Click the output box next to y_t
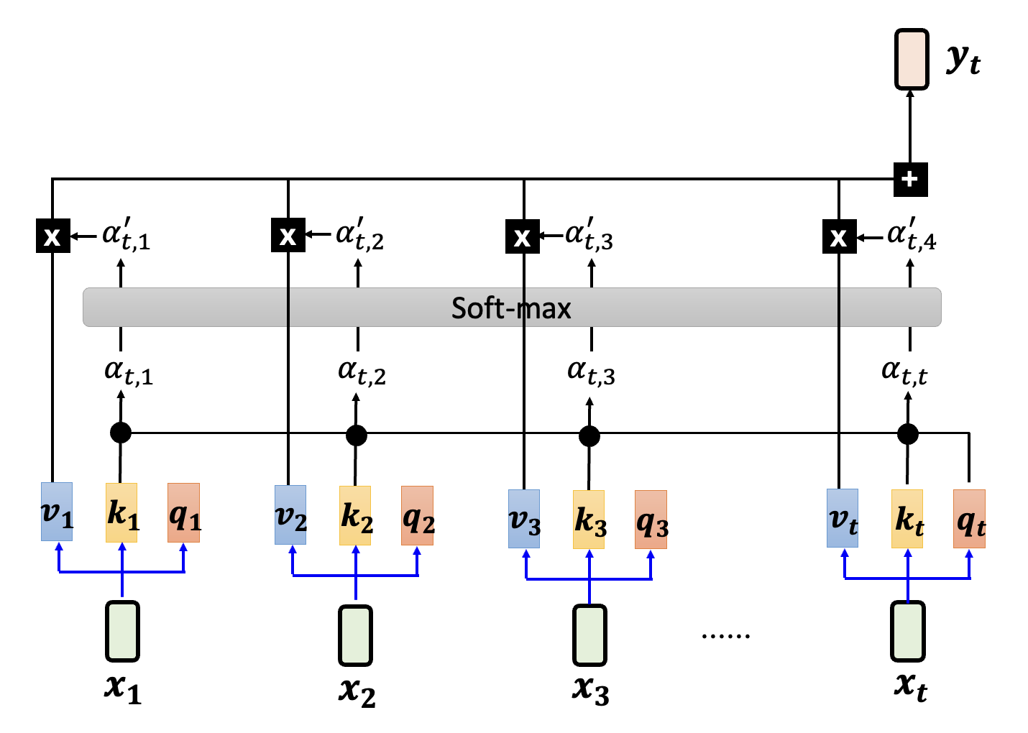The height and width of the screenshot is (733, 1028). (912, 60)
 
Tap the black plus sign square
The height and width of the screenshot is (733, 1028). (910, 179)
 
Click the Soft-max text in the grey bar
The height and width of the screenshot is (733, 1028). (511, 308)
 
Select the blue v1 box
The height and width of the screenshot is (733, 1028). (57, 512)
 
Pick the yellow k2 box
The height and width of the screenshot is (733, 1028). (355, 515)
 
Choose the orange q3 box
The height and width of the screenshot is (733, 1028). (651, 520)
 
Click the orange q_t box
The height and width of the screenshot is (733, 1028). (969, 519)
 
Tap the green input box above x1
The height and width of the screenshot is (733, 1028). (122, 631)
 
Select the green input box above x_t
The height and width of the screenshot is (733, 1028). (908, 631)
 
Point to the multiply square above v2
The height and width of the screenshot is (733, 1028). (288, 235)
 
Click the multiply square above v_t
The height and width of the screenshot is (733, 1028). (839, 236)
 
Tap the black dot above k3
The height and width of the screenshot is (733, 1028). (589, 435)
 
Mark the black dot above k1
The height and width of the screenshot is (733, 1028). (121, 433)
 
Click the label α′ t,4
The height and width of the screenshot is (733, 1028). (911, 235)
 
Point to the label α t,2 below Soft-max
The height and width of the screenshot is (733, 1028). (361, 372)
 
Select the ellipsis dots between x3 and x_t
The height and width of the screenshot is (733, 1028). (725, 635)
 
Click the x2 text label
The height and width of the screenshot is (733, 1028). (357, 691)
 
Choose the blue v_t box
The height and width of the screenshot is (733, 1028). (843, 518)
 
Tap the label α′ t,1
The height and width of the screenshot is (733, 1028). (126, 235)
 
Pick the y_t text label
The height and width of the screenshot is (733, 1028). (963, 60)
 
